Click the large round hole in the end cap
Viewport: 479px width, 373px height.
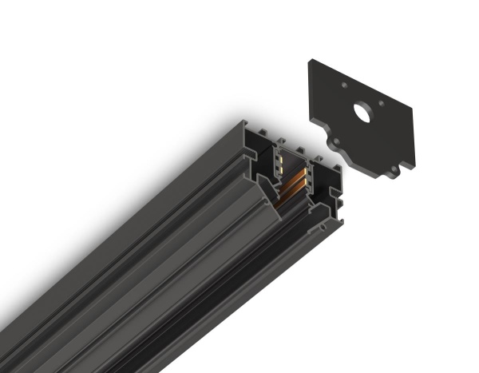[x=362, y=113]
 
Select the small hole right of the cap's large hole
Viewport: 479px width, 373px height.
[x=382, y=101]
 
